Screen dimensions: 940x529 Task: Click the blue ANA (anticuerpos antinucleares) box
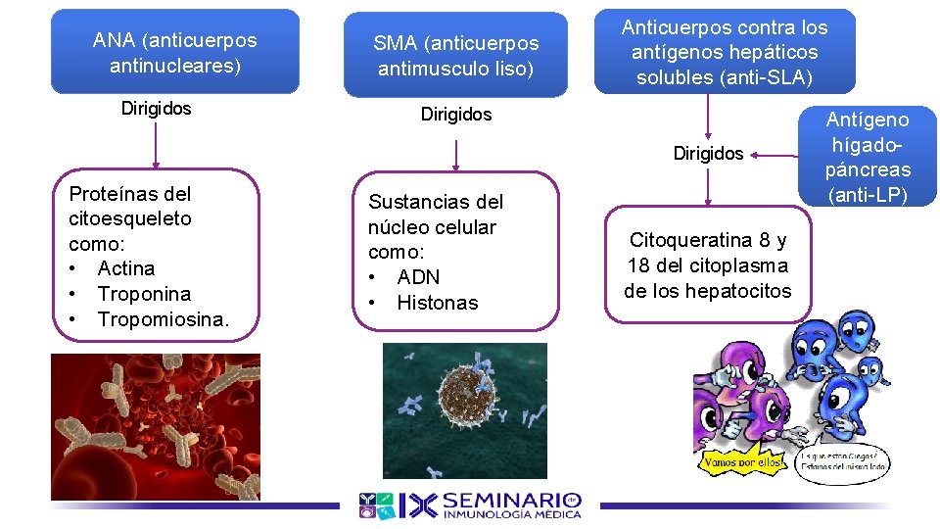point(174,53)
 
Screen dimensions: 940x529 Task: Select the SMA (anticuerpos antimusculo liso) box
point(455,56)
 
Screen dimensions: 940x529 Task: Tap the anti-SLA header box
point(724,52)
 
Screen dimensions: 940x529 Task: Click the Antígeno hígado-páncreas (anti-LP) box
point(868,157)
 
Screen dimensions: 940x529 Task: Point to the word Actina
point(126,268)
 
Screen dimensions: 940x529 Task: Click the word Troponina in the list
point(144,294)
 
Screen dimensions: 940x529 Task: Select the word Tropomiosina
point(164,319)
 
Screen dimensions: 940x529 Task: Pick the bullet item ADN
point(418,277)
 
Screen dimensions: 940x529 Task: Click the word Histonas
point(438,303)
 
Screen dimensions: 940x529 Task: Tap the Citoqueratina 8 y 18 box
point(707,265)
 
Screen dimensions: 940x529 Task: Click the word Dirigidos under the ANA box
point(157,108)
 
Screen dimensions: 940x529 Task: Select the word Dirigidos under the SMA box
point(456,115)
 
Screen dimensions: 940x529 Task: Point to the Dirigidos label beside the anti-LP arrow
point(708,154)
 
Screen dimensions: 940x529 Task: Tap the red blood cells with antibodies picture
point(156,427)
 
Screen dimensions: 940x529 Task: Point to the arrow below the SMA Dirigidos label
point(456,156)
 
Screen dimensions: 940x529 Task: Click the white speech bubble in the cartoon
point(844,461)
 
